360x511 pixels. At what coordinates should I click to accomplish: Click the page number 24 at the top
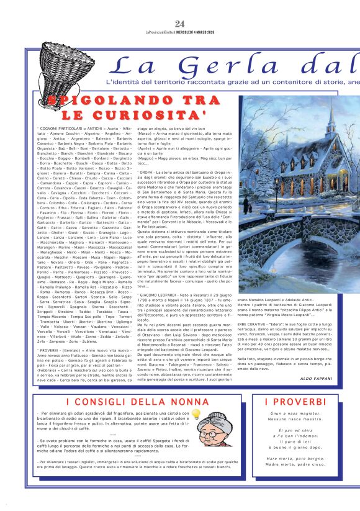click(x=180, y=7)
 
